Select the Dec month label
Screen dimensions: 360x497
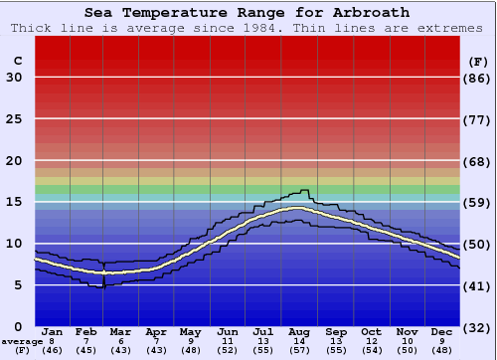442,331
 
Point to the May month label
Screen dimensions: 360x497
191,331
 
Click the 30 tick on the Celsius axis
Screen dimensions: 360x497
14,78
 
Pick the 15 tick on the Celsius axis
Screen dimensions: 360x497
14,202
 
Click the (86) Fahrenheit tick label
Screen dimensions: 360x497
477,78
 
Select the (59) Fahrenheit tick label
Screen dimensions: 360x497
477,202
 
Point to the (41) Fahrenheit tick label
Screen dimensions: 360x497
477,285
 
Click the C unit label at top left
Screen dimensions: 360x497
17,61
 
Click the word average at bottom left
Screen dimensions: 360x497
21,341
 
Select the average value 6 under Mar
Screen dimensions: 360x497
121,341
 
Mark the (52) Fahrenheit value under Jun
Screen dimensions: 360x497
228,350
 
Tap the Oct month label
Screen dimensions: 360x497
371,331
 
